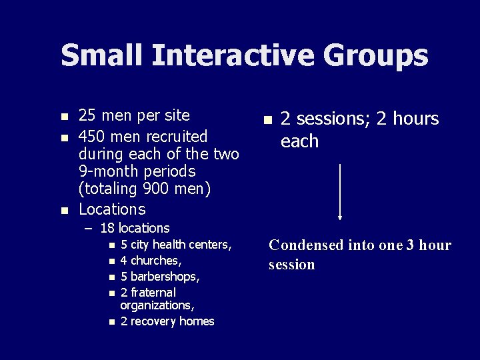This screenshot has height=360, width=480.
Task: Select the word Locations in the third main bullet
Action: [x=112, y=209]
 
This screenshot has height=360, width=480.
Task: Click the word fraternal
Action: [x=153, y=293]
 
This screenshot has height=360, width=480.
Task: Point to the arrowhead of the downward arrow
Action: [x=340, y=217]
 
